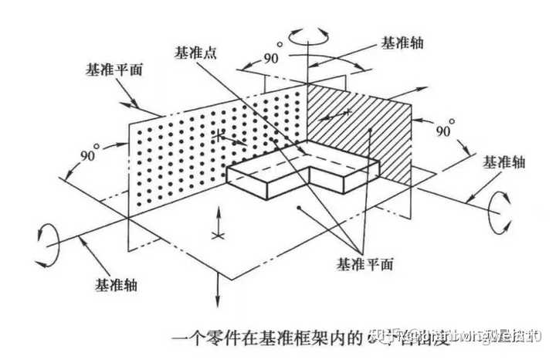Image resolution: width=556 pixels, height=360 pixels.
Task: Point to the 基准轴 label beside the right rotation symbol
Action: click(503, 162)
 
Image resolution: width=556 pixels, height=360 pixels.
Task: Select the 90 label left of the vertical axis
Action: click(249, 59)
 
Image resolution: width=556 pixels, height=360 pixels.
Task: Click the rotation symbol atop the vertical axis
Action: click(307, 36)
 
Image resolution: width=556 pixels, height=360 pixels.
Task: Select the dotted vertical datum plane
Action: click(208, 139)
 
